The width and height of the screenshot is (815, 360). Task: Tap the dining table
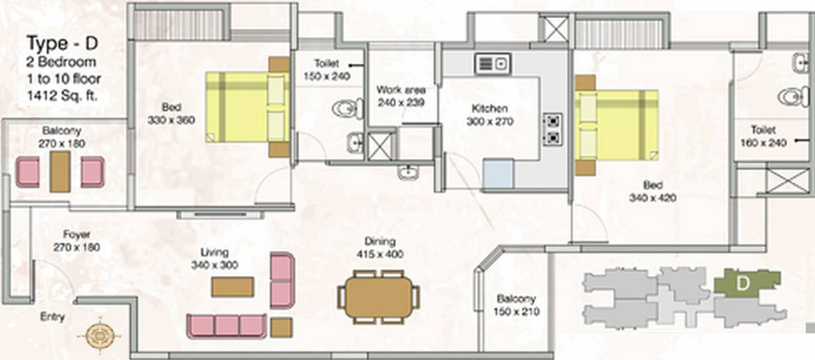379,297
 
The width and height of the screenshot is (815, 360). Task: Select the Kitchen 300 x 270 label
490,115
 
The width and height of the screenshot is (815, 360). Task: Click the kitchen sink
493,63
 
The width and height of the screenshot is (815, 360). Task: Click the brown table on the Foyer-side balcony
60,172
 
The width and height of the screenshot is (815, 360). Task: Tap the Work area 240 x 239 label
401,96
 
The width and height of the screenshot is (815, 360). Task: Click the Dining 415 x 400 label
379,248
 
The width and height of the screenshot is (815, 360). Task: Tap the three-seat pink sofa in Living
227,326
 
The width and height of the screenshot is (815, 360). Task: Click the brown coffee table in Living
232,286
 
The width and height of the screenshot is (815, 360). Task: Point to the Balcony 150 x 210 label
515,305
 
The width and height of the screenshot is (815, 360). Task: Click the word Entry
52,317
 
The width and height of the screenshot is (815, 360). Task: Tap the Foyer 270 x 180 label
77,240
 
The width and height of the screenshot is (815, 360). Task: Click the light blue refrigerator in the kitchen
498,173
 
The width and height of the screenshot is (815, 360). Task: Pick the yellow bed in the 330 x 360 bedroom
247,107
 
